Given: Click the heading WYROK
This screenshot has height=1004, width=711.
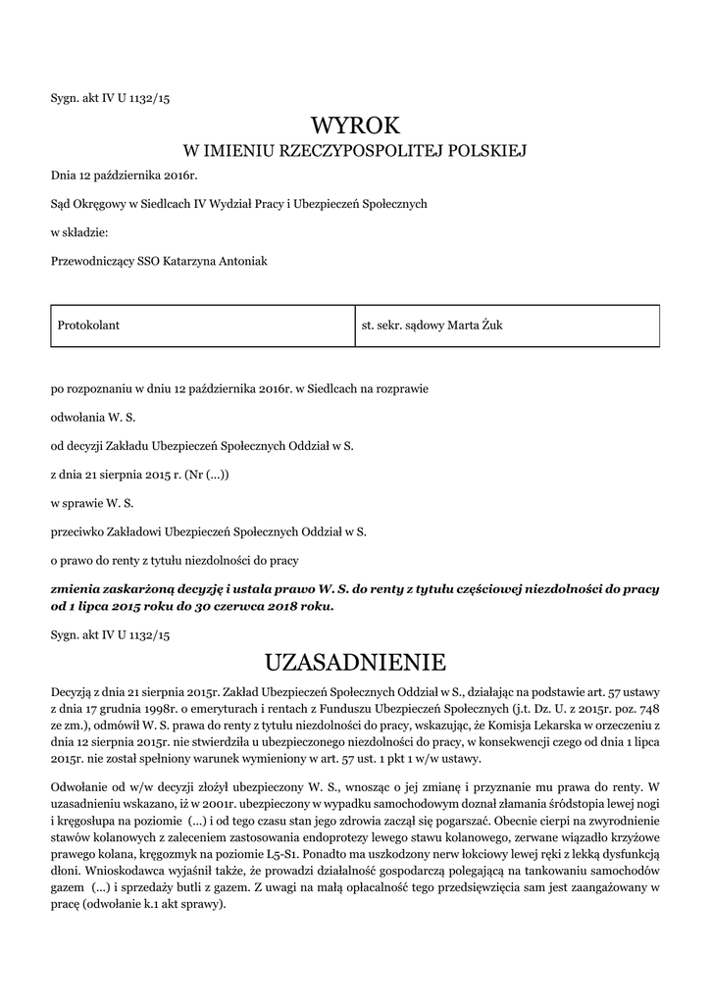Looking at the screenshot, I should (355, 125).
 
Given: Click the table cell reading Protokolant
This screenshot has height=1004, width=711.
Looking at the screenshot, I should (89, 325).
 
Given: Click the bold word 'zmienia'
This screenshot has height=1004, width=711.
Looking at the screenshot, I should (78, 589).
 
